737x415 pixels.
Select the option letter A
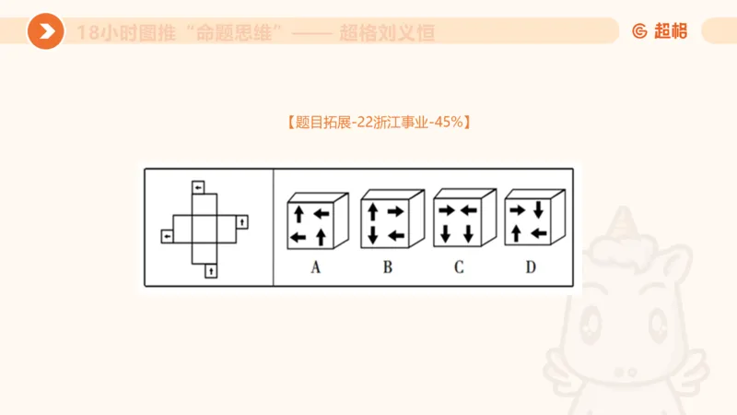point(315,268)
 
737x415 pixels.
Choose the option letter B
point(388,268)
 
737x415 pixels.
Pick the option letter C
point(459,268)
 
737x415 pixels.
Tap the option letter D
point(531,268)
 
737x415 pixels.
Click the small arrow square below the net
point(211,270)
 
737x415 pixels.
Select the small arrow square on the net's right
point(241,221)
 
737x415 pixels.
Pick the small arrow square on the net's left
point(167,237)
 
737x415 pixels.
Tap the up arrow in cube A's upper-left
point(298,214)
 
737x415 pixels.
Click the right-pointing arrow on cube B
point(395,211)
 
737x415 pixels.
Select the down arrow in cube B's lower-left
point(372,235)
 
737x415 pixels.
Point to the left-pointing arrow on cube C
point(468,211)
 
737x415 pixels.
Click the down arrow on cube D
point(539,211)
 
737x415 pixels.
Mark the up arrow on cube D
point(516,234)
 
